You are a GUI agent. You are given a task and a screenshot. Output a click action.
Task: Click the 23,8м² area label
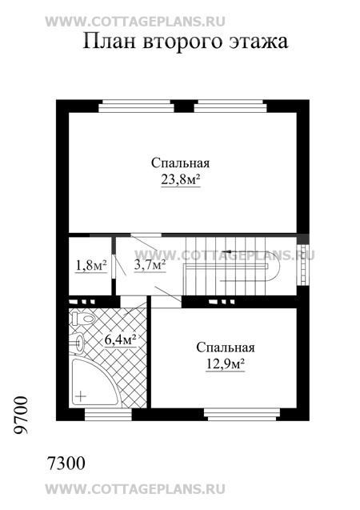[x=180, y=179]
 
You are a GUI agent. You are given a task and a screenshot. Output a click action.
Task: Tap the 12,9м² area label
[x=225, y=364]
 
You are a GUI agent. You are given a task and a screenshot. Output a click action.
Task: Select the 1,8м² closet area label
[x=91, y=266]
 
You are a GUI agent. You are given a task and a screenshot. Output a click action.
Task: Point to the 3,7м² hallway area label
[x=150, y=265]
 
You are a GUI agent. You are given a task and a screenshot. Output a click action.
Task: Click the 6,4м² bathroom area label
[x=120, y=339]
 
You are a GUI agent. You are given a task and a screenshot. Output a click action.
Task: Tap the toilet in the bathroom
[x=82, y=318]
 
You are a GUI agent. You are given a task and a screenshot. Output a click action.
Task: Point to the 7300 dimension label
[x=66, y=463]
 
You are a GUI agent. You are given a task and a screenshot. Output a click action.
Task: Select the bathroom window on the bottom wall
[x=108, y=414]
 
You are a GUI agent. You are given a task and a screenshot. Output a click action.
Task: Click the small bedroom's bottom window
[x=242, y=414]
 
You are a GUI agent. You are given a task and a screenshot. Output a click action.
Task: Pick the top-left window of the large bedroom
[x=136, y=106]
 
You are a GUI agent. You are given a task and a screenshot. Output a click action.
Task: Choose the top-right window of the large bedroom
[x=230, y=106]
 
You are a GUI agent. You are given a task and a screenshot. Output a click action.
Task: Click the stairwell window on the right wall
[x=303, y=263]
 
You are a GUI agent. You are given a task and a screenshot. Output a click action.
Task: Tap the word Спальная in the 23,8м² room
[x=180, y=163]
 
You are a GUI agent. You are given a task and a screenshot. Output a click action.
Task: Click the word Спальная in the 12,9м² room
[x=225, y=347]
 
